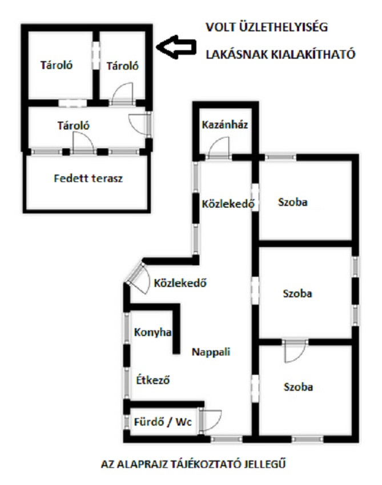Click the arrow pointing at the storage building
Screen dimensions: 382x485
tap(176, 47)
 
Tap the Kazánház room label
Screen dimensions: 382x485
tap(225, 124)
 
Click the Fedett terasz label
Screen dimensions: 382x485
tap(89, 178)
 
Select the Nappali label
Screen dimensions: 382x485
tap(211, 351)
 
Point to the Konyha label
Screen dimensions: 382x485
tap(152, 332)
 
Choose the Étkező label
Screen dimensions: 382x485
tap(153, 380)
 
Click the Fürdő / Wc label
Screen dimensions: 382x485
tap(163, 422)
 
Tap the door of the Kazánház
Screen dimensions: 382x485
tap(219, 148)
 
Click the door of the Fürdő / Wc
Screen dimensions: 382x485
tap(211, 421)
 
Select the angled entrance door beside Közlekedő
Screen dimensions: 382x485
tap(138, 277)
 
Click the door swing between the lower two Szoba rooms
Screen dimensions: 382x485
tap(295, 350)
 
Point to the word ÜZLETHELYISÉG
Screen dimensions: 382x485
tap(284, 27)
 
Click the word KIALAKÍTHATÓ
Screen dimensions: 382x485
tap(313, 54)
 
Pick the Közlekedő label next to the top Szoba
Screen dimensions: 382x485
tap(228, 204)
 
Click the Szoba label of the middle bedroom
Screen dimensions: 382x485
tap(297, 293)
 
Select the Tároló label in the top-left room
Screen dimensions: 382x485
tap(57, 65)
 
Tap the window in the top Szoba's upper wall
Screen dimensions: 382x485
tap(281, 157)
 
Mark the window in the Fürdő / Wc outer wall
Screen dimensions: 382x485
tap(127, 422)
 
